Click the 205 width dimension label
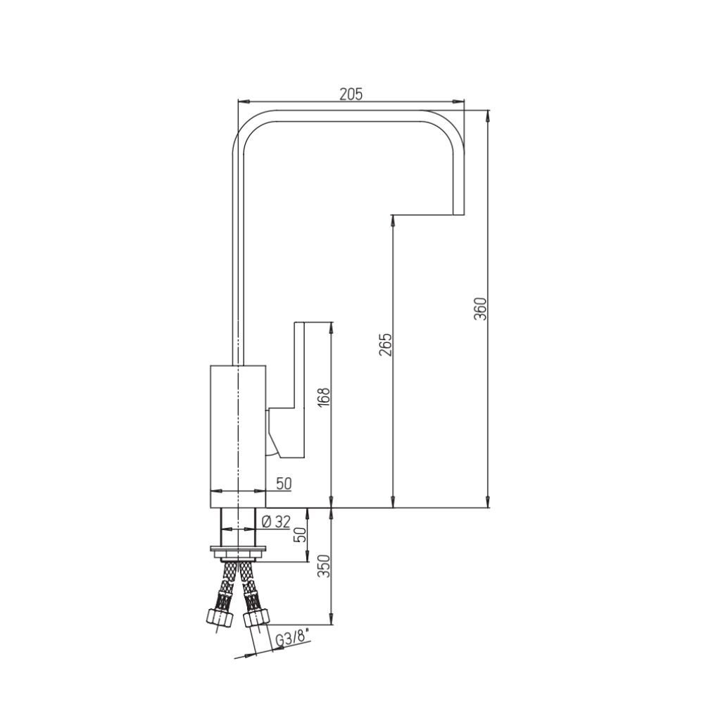coord(350,94)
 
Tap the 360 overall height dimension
coord(480,308)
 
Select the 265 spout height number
coord(385,344)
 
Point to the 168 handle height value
coord(324,396)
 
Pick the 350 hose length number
coord(324,566)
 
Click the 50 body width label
coord(284,484)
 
